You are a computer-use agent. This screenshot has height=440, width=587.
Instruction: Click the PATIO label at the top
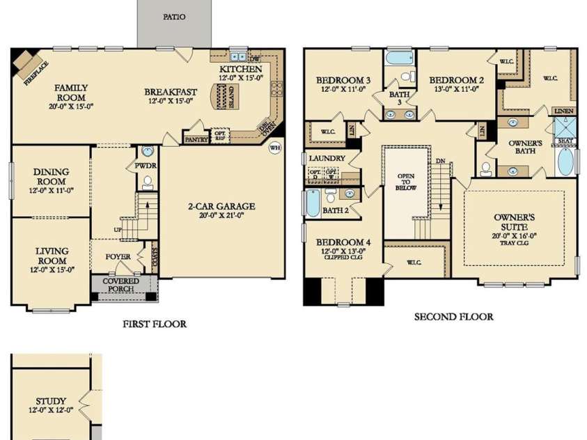point(174,17)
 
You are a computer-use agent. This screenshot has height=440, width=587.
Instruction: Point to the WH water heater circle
point(274,148)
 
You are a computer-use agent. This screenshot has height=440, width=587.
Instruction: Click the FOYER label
point(118,257)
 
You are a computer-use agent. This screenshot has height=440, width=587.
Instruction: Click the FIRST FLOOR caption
point(155,324)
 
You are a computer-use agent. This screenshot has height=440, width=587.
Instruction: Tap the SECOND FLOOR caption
point(454,317)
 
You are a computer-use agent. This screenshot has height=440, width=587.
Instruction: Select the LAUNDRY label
point(327,159)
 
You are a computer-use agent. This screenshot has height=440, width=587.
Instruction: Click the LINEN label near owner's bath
point(563,111)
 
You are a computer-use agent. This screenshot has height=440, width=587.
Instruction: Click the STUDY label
point(52,401)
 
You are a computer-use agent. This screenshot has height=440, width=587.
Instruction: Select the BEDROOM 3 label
point(343,80)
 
